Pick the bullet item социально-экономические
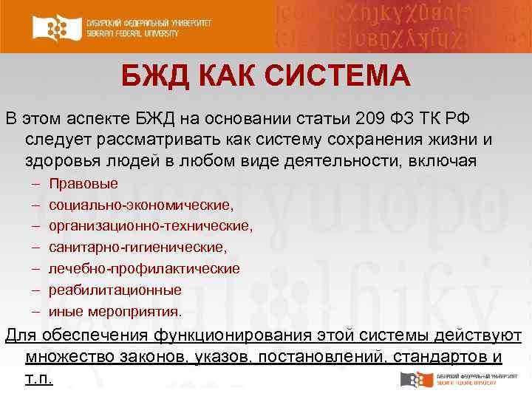[141, 205]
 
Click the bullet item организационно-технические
[151, 226]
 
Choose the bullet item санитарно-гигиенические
[138, 248]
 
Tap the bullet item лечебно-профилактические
[144, 269]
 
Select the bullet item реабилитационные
[115, 290]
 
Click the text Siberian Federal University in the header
[148, 34]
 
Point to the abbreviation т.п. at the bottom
[38, 379]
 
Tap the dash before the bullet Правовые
[36, 183]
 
